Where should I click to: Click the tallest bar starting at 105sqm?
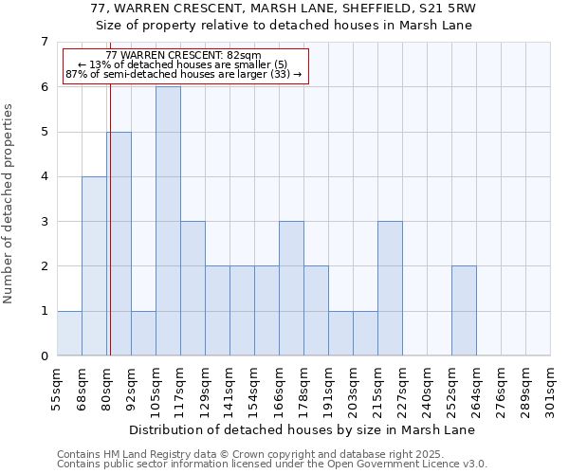click(x=168, y=221)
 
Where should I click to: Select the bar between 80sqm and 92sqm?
click(x=119, y=244)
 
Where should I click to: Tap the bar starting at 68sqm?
click(x=94, y=265)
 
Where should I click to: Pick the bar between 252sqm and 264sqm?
click(x=464, y=311)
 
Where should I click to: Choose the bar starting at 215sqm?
click(x=390, y=288)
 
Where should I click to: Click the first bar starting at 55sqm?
click(x=69, y=333)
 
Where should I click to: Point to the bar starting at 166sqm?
click(x=291, y=288)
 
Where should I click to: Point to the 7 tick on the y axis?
click(x=44, y=42)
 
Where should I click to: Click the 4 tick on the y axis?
click(x=44, y=177)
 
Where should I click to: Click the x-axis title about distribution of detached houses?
click(x=303, y=430)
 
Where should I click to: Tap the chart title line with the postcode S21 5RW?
click(x=284, y=9)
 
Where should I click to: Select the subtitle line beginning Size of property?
click(x=284, y=26)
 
